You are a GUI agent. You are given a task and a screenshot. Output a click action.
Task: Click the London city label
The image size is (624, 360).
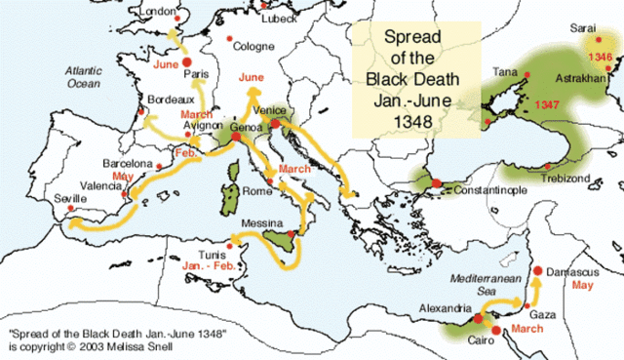pyautogui.click(x=161, y=10)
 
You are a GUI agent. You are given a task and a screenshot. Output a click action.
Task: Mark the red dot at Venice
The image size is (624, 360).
pyautogui.click(x=276, y=124)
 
